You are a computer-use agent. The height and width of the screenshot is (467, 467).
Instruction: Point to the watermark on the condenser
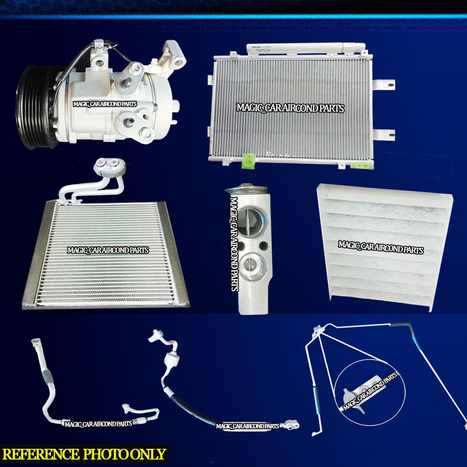[x=290, y=108]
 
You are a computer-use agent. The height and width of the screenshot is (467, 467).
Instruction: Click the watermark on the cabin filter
[x=380, y=248]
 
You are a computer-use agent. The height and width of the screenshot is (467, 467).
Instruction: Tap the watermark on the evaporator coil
[x=108, y=250]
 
